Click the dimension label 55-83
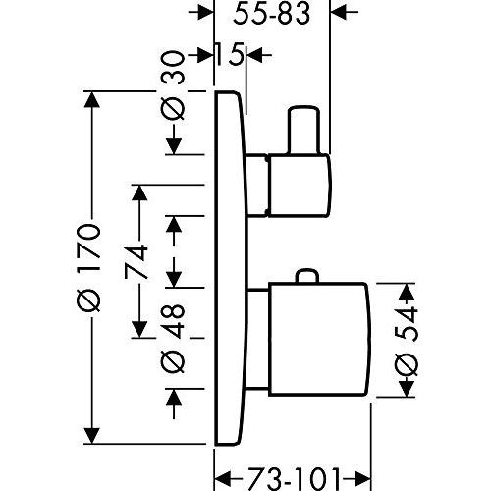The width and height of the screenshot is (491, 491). coord(271,14)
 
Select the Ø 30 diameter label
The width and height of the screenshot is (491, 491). coord(173,86)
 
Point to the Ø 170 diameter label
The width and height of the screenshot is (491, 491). coord(88,267)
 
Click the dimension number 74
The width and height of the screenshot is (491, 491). coord(135,261)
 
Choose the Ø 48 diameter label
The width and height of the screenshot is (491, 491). coord(173,339)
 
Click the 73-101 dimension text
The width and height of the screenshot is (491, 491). coord(292,480)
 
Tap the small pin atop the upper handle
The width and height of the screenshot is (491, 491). coord(303,130)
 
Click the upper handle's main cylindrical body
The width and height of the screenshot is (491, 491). coord(300,185)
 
